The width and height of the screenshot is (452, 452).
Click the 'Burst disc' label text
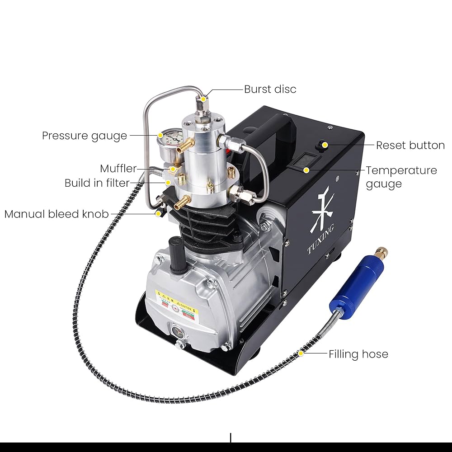270,89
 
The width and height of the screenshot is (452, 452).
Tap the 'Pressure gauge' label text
85,136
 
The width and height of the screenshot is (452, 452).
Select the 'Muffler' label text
118,169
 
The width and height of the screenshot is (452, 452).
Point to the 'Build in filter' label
97,183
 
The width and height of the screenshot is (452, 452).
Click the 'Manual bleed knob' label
56,214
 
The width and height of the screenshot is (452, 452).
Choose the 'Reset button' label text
410,145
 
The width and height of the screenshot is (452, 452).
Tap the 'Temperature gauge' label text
401,177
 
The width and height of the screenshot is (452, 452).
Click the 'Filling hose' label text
358,354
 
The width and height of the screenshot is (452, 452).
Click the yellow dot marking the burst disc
204,98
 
